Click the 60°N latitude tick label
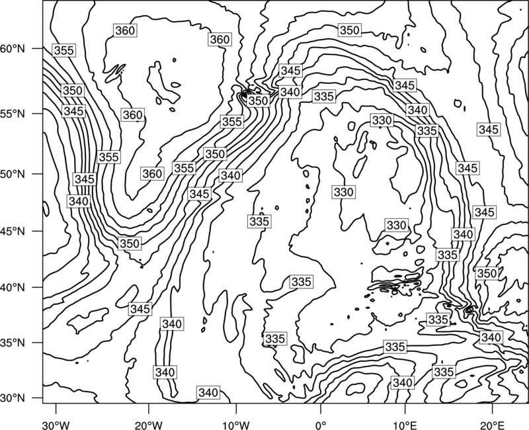[x=13, y=49]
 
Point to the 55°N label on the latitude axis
[x=13, y=114]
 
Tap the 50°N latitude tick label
[x=13, y=174]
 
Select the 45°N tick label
[x=13, y=231]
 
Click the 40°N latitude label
[x=13, y=288]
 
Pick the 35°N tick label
[x=13, y=343]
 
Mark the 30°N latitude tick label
[x=13, y=398]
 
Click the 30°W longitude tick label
[x=56, y=425]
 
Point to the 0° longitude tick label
[x=321, y=425]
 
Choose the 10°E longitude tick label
[x=405, y=425]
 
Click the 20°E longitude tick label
[x=492, y=425]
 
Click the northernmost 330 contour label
[x=382, y=120]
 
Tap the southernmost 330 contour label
[x=396, y=225]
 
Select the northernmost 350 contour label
[x=350, y=30]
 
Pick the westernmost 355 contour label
[x=64, y=50]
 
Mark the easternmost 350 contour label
[x=487, y=273]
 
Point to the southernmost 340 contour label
[x=208, y=392]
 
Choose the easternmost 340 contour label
[x=491, y=337]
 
